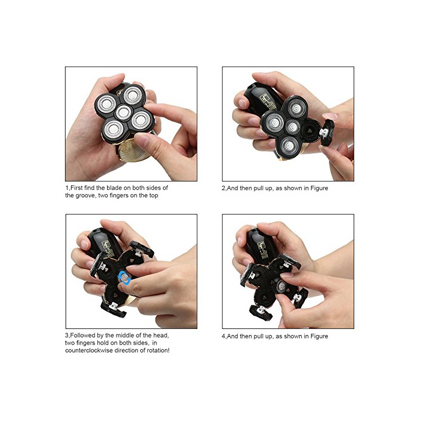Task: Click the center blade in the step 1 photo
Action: coord(123,112)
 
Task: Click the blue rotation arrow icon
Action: coord(125,278)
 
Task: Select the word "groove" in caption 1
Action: coord(85,195)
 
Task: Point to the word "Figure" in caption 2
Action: coord(319,188)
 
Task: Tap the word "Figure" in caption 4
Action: coord(319,336)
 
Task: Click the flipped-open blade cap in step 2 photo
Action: coord(327,132)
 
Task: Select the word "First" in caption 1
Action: coord(76,188)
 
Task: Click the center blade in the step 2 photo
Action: coord(292,126)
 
